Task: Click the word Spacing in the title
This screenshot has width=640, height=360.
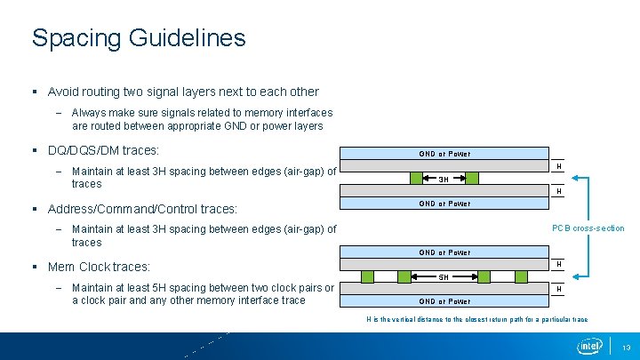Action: [75, 38]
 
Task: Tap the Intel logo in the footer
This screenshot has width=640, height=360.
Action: [589, 346]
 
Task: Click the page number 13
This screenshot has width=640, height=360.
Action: [626, 347]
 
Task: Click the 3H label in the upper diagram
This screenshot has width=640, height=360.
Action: [443, 179]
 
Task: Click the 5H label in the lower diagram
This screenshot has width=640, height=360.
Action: [443, 276]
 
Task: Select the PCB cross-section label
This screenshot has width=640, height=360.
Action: [588, 228]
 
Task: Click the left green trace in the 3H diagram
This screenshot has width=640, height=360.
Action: [416, 179]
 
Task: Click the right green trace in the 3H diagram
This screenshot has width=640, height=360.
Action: [472, 179]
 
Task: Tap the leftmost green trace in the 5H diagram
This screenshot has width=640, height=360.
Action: [365, 276]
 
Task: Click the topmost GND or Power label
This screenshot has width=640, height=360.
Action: [444, 154]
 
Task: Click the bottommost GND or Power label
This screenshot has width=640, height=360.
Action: [444, 301]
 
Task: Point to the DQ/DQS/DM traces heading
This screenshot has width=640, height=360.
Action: [103, 150]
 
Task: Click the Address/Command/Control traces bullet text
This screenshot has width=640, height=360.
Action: [142, 209]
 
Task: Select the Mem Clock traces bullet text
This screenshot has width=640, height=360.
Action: [99, 267]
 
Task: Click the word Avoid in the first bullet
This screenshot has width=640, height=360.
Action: [64, 92]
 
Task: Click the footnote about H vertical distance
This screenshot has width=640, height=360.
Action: [477, 319]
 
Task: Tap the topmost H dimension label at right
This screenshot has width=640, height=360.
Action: [558, 165]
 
